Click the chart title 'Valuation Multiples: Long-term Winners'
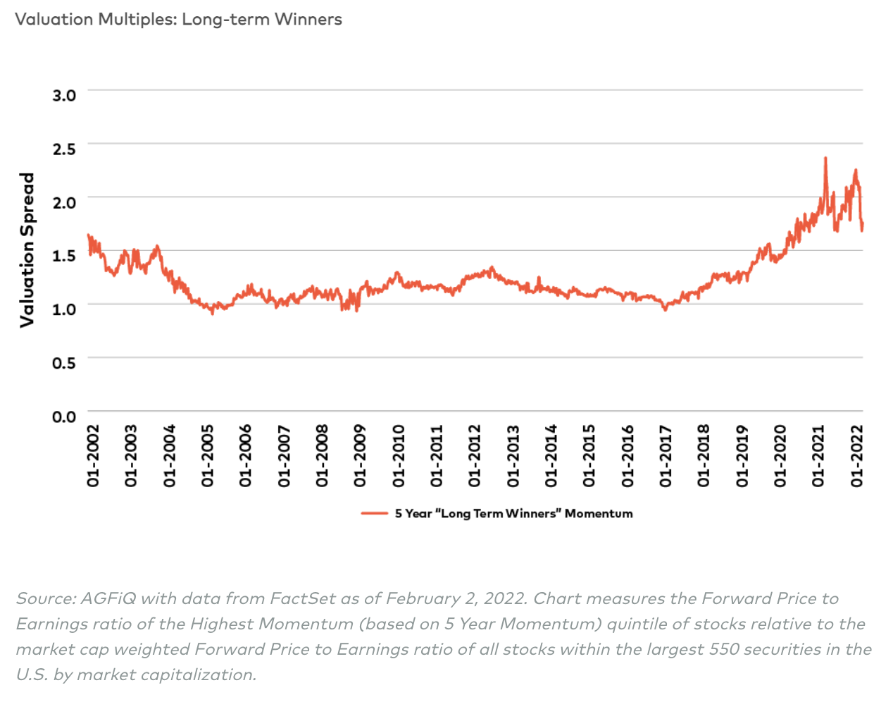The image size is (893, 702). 178,19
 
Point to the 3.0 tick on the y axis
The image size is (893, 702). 64,95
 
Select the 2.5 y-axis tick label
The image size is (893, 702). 64,149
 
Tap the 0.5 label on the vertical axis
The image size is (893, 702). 64,363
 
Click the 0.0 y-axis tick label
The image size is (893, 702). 64,417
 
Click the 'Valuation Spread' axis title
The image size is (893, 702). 27,250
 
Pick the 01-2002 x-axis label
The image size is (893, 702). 93,455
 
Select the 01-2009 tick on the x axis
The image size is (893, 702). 360,455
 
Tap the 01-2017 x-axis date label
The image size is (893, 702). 666,455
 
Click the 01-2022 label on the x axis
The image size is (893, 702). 856,455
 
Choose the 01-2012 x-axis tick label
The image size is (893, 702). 475,455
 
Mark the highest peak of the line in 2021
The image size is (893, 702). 825,158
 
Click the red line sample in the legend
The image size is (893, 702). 375,514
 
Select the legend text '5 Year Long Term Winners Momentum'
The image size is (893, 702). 513,514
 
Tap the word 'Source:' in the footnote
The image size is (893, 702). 46,598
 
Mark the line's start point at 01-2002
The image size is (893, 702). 88,235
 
